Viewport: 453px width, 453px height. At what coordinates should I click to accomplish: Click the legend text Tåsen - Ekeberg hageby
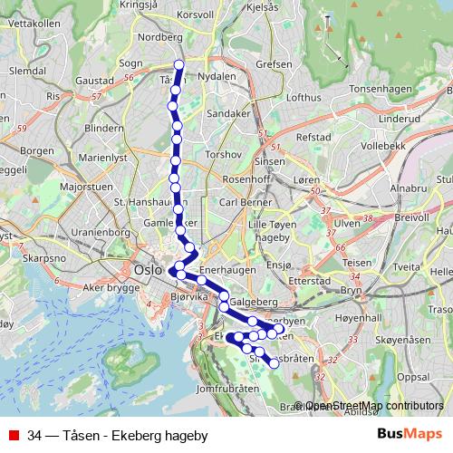point(117,436)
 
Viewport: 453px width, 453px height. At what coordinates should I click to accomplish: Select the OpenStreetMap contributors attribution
point(374,407)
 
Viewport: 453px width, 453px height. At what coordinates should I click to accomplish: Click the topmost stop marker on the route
point(179,64)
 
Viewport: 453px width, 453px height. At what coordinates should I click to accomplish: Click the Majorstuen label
point(84,187)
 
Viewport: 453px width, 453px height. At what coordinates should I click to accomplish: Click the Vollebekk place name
point(381,144)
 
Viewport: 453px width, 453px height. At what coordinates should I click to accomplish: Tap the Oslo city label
point(146,270)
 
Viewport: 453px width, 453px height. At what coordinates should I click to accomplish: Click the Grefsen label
point(274,64)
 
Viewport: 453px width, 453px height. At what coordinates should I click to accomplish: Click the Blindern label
point(102,129)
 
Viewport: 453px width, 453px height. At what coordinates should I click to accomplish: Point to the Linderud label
point(400,118)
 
